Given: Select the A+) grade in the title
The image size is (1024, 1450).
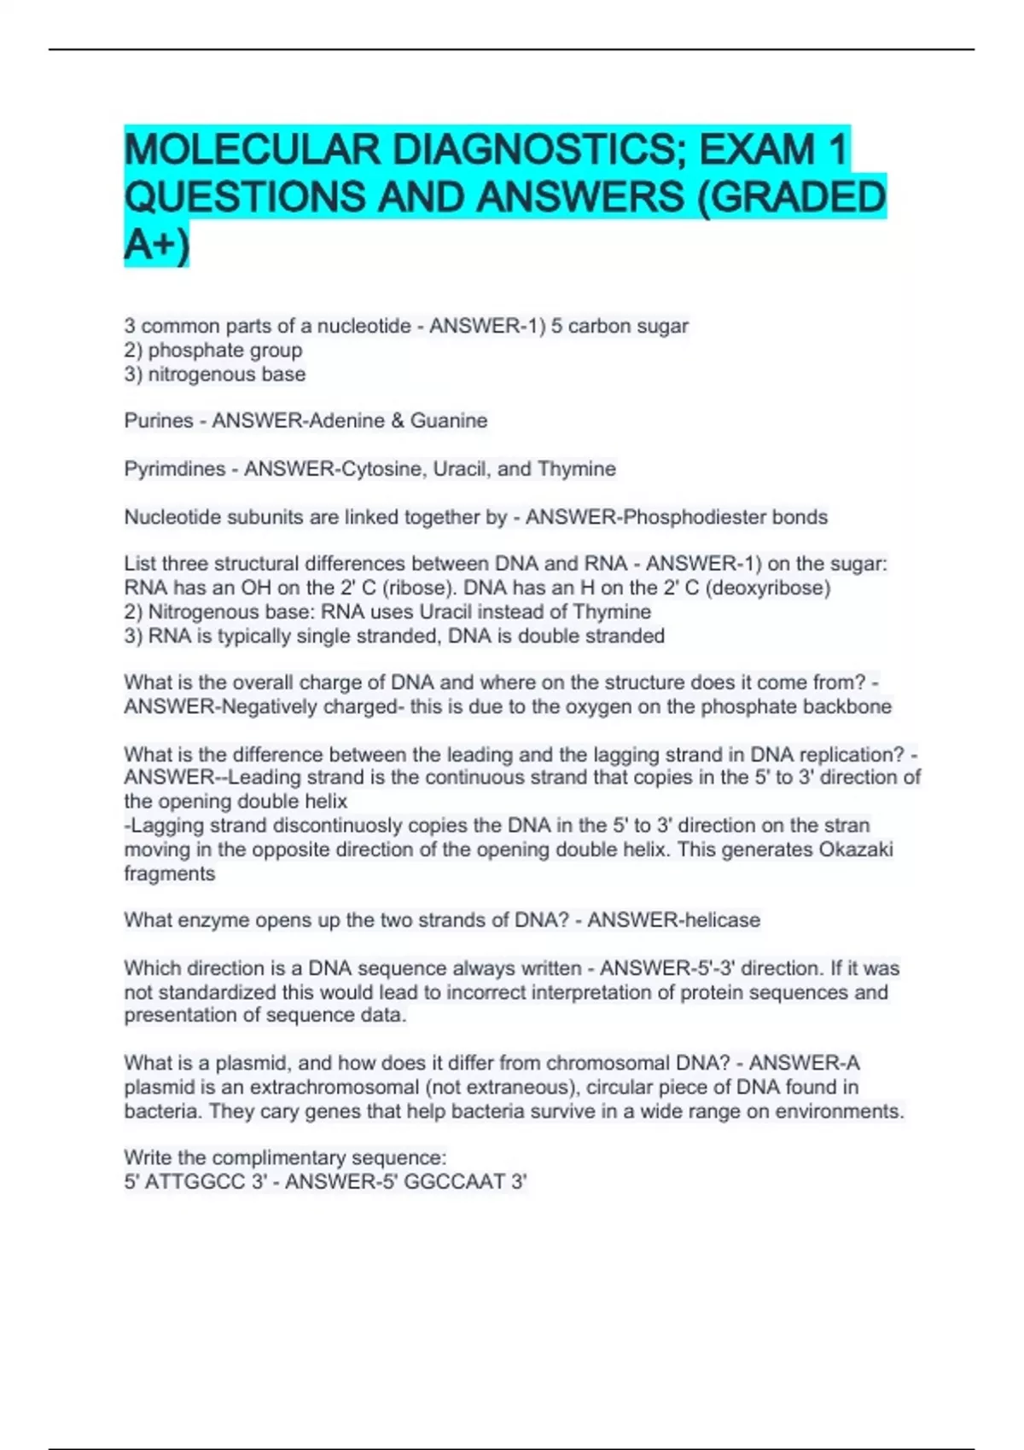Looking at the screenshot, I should [156, 245].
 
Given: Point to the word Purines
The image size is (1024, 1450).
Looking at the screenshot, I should [159, 420].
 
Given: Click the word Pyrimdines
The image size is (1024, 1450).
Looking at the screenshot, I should [174, 469].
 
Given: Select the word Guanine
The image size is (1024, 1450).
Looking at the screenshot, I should [449, 420].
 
